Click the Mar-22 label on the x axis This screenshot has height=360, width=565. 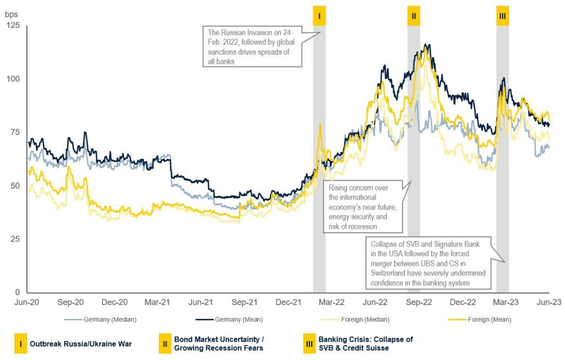coord(332,302)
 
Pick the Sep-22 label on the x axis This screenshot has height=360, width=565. coord(419,302)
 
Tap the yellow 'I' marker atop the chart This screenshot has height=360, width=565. coord(319,16)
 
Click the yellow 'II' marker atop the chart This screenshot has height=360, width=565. coord(414,16)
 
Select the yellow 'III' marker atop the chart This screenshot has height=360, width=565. coord(502,16)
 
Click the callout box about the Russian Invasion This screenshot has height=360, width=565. coord(253,46)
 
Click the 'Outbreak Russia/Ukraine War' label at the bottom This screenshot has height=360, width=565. coord(72,343)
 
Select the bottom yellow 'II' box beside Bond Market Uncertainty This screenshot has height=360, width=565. coord(164,343)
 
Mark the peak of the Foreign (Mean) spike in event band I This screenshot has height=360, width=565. coord(320,124)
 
